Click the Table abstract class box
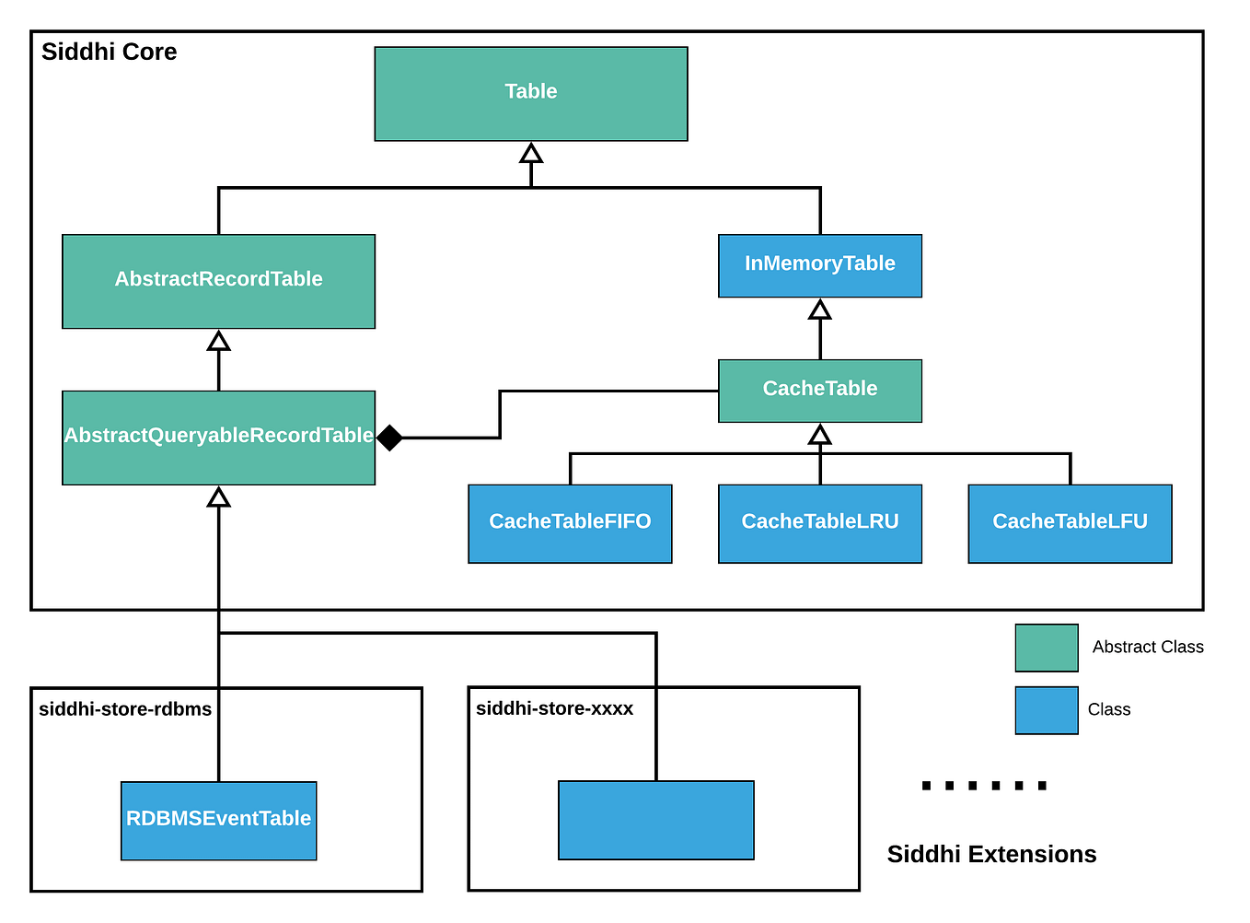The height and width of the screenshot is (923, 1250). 530,93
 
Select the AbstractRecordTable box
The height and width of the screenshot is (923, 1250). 218,281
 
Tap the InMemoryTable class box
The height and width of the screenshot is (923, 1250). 819,265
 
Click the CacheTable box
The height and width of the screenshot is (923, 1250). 819,391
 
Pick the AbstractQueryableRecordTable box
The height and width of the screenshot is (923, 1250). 218,438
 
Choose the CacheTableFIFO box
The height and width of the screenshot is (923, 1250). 570,523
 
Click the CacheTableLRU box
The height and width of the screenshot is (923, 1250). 819,523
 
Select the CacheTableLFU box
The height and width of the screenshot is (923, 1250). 1070,523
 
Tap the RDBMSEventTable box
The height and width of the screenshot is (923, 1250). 218,820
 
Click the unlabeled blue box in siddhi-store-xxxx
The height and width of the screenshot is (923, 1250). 655,820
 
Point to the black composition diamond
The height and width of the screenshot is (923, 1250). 389,438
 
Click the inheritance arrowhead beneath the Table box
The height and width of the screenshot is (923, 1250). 531,153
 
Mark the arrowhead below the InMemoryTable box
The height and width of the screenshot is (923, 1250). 819,310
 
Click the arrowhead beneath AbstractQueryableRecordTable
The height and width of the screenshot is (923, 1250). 218,497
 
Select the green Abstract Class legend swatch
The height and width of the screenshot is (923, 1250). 1046,648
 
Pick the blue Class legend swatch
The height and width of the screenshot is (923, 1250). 1046,710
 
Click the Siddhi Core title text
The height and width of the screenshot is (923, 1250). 109,53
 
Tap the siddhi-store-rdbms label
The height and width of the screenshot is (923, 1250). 125,709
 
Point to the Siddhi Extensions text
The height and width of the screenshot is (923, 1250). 991,855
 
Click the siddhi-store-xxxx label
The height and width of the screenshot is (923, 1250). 554,708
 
